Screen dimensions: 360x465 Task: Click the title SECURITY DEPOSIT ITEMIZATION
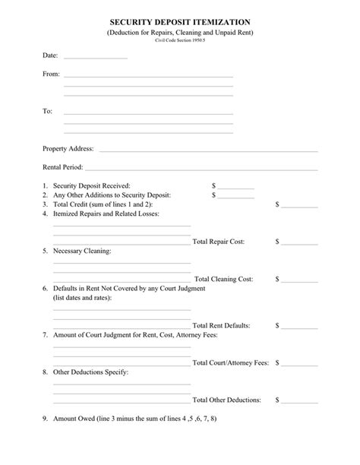pyautogui.click(x=179, y=24)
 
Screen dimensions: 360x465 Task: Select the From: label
pyautogui.click(x=51, y=74)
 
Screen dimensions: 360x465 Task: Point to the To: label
pyautogui.click(x=47, y=111)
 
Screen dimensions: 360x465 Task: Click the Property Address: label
pyautogui.click(x=68, y=148)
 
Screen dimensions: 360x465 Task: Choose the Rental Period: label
pyautogui.click(x=63, y=167)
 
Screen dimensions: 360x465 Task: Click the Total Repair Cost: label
pyautogui.click(x=219, y=242)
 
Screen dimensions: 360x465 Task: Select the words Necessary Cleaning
pyautogui.click(x=81, y=251)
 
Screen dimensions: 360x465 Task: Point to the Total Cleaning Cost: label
pyautogui.click(x=224, y=279)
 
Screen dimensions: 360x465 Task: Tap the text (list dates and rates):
pyautogui.click(x=83, y=298)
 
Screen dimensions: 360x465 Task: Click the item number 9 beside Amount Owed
pyautogui.click(x=45, y=419)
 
